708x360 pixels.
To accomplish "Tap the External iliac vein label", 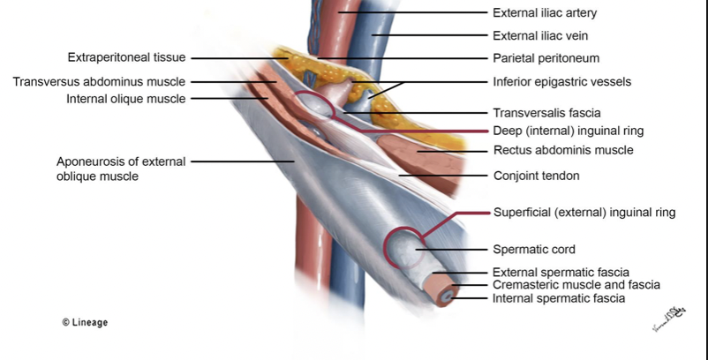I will coord(541,36).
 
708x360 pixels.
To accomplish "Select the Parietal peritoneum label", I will coord(546,58).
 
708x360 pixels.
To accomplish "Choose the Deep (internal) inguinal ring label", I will coord(568,131).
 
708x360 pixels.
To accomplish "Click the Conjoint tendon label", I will coord(536,176).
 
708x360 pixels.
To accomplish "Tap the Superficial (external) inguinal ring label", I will coord(584,213).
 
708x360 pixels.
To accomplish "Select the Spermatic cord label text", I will coord(533,250).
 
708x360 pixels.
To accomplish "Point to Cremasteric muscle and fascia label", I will coord(576,285).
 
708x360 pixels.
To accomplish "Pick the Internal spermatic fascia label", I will coord(559,298).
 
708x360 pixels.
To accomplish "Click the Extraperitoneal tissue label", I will coord(126,58).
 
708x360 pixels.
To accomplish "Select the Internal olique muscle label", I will coord(126,99).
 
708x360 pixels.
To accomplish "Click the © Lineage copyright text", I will coord(85,323).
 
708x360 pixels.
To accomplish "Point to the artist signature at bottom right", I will coord(668,319).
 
